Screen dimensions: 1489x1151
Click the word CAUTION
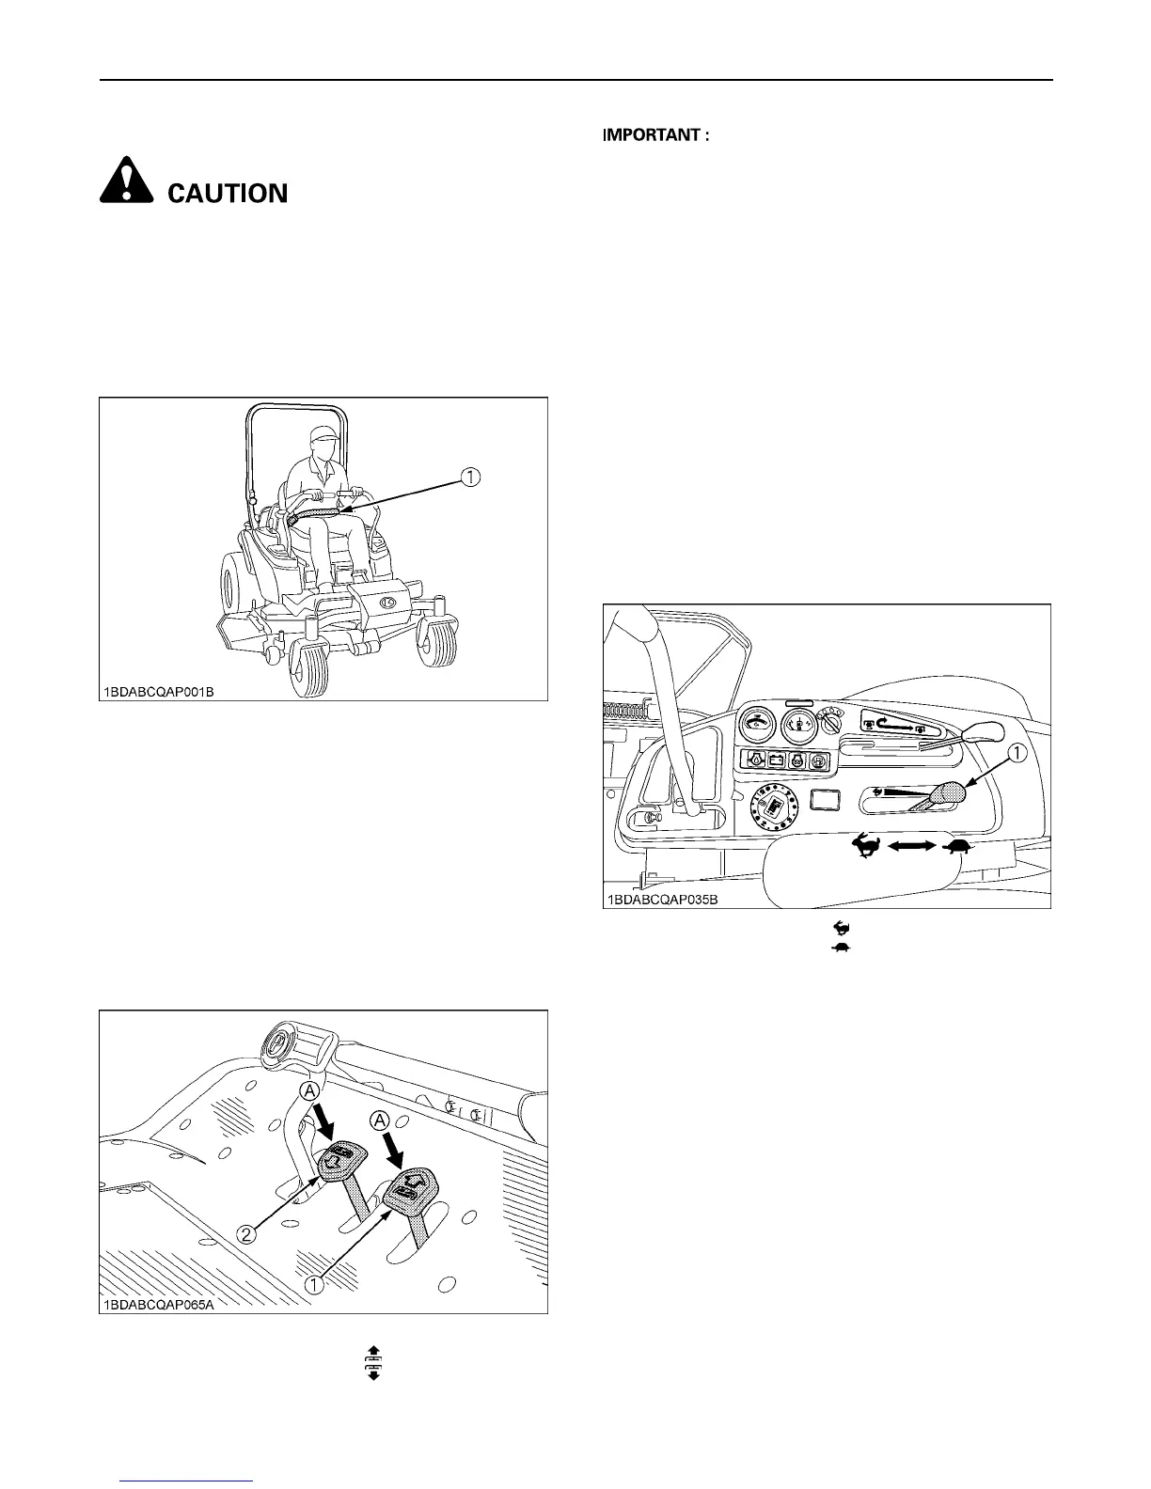tap(228, 194)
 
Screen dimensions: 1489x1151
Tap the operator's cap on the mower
tap(323, 434)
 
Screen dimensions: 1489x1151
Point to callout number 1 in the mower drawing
tap(468, 478)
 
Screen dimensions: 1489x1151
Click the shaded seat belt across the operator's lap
tap(316, 512)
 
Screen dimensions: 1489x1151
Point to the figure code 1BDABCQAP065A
tap(157, 1305)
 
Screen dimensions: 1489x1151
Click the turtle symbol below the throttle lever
tap(958, 847)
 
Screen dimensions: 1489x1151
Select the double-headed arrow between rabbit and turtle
tap(911, 847)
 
